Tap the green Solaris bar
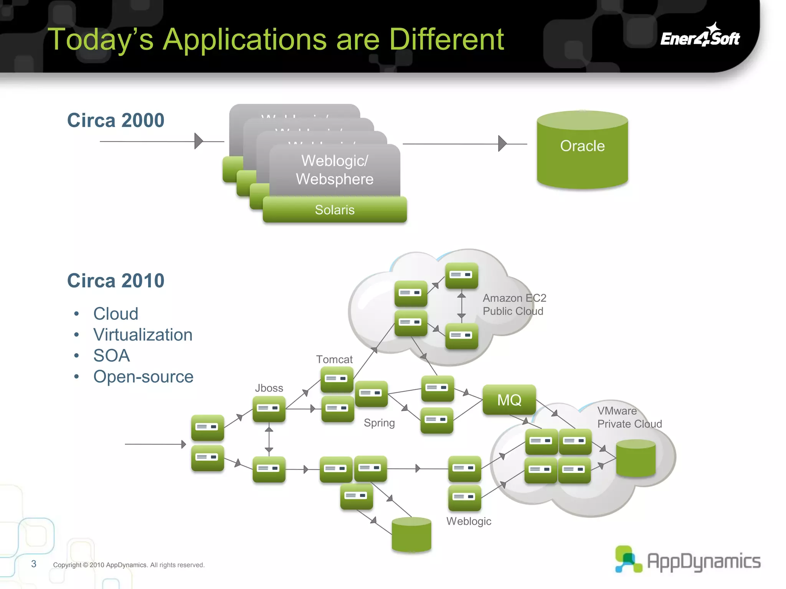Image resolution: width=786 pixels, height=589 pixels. point(335,210)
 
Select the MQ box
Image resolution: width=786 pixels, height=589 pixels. point(509,400)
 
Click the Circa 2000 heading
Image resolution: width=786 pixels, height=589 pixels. point(116,120)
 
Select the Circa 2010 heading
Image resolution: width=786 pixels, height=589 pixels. point(116,281)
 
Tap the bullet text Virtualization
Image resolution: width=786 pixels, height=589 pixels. point(143,335)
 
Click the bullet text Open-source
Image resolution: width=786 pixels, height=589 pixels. point(143,377)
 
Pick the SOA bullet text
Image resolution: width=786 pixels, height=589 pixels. point(111,355)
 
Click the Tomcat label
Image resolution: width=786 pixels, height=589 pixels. point(334,359)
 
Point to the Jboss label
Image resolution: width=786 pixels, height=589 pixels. point(269,388)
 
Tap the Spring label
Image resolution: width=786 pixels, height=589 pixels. point(379,423)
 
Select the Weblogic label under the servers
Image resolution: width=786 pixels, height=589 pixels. point(469,521)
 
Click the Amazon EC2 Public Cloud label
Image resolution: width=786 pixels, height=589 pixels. point(514,304)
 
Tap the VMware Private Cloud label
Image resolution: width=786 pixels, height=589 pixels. point(629,417)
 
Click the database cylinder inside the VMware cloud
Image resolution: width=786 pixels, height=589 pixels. point(636,458)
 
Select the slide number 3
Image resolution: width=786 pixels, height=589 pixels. point(34,564)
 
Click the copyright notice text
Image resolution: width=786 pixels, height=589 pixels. point(129,565)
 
